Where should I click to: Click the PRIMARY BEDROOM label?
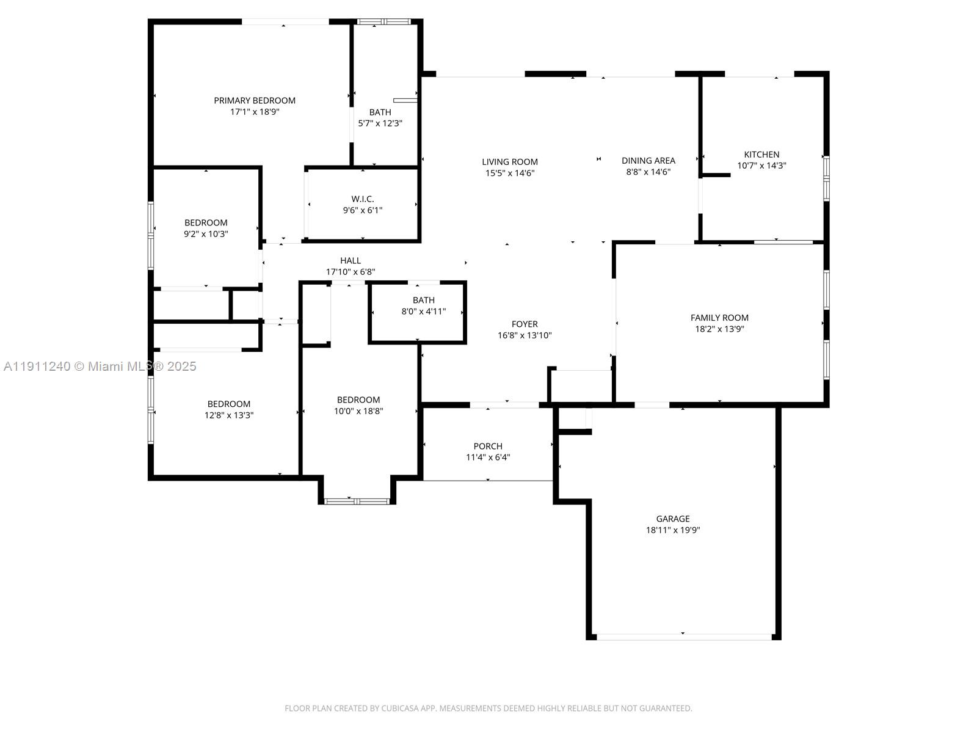click(255, 101)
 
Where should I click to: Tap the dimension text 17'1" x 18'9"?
click(255, 112)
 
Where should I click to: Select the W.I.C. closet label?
click(363, 199)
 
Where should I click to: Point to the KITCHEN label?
click(761, 155)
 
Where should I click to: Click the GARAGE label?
click(673, 519)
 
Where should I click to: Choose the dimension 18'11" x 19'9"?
click(673, 530)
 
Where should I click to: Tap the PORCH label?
click(488, 447)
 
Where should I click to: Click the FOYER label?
click(525, 324)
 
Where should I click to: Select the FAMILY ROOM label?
click(719, 318)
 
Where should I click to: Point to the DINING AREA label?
click(648, 161)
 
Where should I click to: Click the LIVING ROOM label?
click(510, 162)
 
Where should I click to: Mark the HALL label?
click(350, 261)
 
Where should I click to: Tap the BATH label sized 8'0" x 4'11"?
click(423, 301)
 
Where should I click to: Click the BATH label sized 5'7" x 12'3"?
click(380, 112)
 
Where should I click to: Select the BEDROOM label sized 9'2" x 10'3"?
click(206, 223)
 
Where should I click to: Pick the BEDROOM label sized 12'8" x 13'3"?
click(229, 404)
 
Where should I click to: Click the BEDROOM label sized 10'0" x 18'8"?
click(358, 400)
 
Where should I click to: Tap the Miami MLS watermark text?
click(100, 366)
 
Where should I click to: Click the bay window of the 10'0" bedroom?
click(357, 501)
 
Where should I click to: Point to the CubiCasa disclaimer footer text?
click(488, 709)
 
